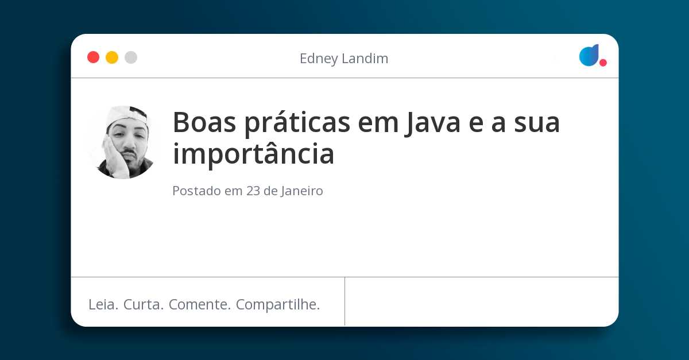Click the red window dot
tap(93, 57)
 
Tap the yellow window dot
tap(112, 57)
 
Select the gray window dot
tap(131, 57)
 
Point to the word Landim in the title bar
tap(366, 59)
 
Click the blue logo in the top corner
tap(589, 55)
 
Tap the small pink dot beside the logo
tap(603, 63)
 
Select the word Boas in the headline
tap(205, 122)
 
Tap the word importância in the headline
tap(253, 154)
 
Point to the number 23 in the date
tap(253, 191)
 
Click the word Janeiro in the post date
tap(302, 191)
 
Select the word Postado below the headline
tap(196, 191)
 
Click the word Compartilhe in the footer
tap(278, 305)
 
